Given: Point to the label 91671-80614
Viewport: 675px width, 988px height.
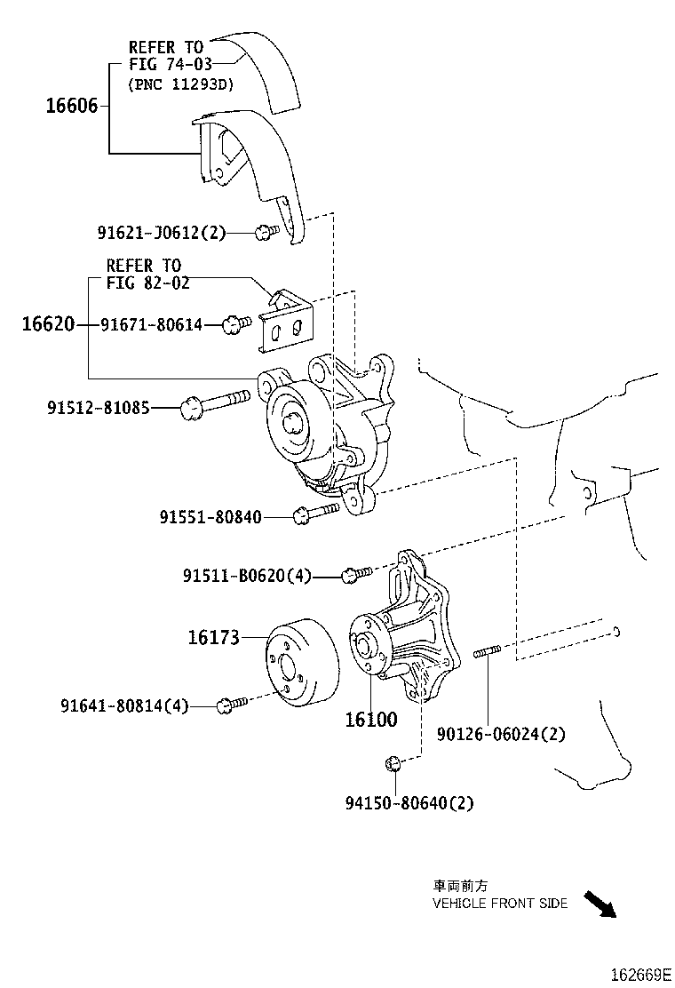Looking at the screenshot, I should [151, 325].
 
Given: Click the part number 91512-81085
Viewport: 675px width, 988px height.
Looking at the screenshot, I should [98, 408].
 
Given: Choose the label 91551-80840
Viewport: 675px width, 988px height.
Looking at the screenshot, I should [210, 516].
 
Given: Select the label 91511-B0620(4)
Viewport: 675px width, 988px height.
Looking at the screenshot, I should [247, 576].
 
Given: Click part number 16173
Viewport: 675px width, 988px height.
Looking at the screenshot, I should [213, 637].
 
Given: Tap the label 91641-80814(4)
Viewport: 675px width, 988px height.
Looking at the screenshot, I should [124, 706].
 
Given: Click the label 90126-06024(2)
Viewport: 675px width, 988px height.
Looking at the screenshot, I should [501, 733].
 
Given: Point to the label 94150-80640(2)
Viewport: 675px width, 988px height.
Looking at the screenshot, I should [409, 803].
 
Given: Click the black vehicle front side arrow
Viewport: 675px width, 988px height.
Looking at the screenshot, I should [600, 904].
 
